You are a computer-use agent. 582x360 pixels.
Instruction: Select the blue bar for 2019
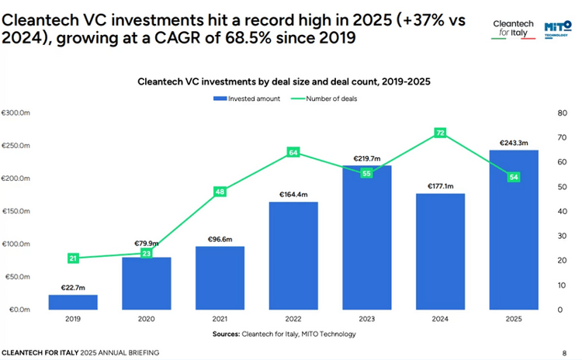click(x=73, y=302)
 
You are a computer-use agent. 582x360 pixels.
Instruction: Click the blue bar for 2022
click(x=293, y=255)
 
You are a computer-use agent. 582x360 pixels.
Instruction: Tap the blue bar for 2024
click(x=440, y=251)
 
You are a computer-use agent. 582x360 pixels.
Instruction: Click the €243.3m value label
click(x=513, y=142)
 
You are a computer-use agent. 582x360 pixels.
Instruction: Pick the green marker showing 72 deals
click(x=440, y=133)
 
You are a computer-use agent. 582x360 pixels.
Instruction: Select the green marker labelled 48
click(x=220, y=192)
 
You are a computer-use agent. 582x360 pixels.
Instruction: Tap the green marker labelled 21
click(x=73, y=258)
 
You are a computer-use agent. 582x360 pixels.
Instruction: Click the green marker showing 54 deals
click(x=513, y=177)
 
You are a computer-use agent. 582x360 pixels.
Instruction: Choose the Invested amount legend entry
click(x=241, y=99)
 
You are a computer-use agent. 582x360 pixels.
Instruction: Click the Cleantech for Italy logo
click(x=514, y=29)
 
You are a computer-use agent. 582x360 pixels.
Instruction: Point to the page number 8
click(x=564, y=352)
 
